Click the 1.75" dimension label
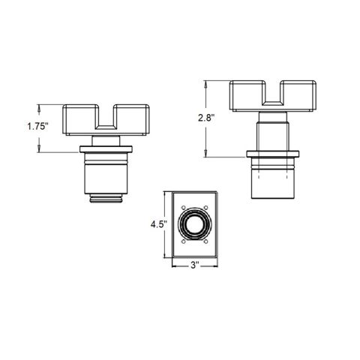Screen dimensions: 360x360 37,126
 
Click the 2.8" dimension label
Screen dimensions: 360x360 206,118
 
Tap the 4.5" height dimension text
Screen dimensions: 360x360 159,224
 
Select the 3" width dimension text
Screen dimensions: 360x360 194,265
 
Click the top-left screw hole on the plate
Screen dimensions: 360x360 183,208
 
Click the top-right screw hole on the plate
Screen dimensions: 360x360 205,208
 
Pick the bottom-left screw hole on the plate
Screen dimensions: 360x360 183,241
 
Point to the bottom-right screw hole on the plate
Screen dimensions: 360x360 205,241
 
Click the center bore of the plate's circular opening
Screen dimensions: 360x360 194,224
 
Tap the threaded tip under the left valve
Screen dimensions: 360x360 106,198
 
